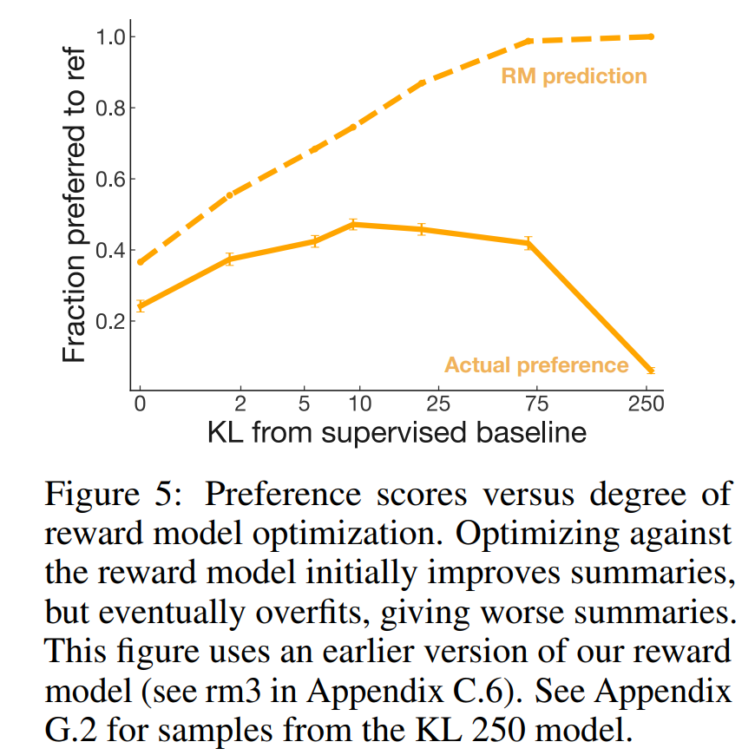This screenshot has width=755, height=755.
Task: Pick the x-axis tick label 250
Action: (645, 404)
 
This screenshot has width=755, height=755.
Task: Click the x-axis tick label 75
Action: (528, 404)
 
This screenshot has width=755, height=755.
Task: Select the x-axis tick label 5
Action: (304, 404)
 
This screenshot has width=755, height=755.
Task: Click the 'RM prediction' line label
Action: (574, 76)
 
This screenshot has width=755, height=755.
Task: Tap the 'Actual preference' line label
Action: (536, 364)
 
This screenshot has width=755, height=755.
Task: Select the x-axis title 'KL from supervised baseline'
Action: (397, 432)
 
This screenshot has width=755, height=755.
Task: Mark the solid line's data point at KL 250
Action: (651, 371)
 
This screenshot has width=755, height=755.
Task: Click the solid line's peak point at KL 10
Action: (353, 225)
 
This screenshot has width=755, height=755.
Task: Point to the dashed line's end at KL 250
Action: (651, 36)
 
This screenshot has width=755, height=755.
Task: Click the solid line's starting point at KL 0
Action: (140, 306)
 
